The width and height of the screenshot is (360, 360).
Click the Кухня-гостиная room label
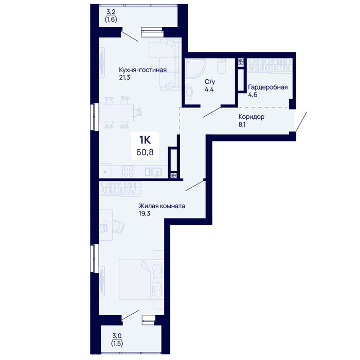coord(142,70)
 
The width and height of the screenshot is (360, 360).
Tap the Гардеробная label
coord(268,87)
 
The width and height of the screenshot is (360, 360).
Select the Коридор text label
coord(251,117)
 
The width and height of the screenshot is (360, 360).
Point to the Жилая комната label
coord(162,206)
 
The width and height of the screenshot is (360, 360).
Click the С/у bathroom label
coord(210,82)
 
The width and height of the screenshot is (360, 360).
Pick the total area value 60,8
coord(145,152)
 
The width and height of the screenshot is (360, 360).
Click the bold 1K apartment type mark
coord(145,139)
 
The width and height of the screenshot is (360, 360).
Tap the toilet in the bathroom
coord(222,66)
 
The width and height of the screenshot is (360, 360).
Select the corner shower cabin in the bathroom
coord(195,68)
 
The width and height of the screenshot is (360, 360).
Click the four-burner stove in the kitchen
coord(129,172)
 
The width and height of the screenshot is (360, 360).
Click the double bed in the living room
coord(141,280)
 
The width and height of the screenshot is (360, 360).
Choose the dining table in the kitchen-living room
coord(116,113)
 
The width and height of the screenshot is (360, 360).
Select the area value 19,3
coord(145,214)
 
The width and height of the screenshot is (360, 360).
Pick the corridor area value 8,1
coord(242,124)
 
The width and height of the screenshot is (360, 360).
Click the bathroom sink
coord(190,92)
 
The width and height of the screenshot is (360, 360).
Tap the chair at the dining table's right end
coord(137,112)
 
